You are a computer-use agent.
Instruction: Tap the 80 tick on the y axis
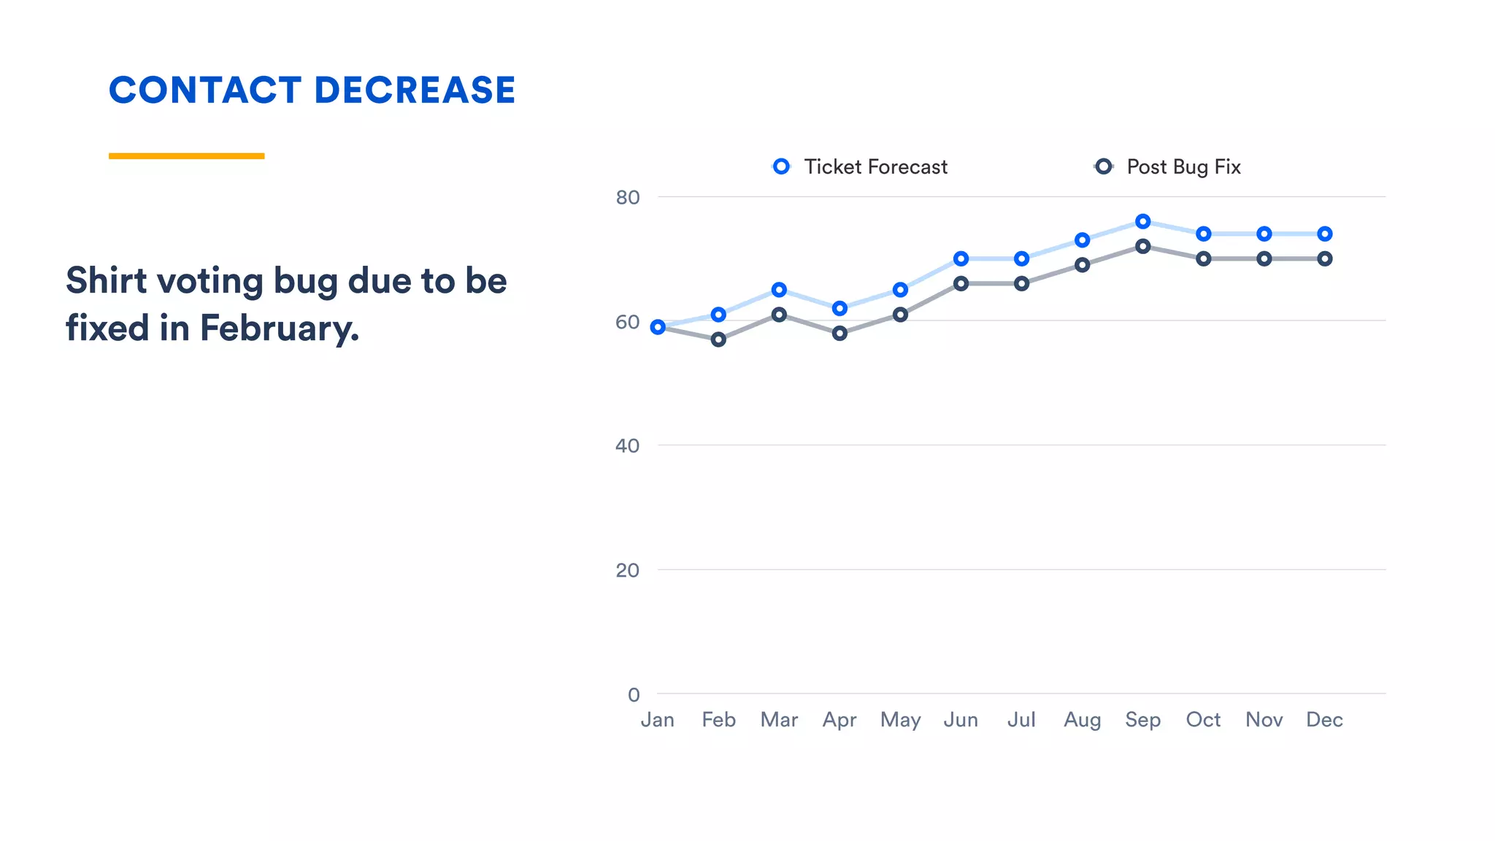pyautogui.click(x=627, y=197)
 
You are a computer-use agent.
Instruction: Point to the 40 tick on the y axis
pyautogui.click(x=627, y=445)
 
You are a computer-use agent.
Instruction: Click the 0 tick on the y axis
pyautogui.click(x=634, y=694)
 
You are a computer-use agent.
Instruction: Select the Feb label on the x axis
pyautogui.click(x=718, y=720)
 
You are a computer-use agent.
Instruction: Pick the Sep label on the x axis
pyautogui.click(x=1142, y=720)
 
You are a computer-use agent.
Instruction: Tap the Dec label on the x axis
pyautogui.click(x=1324, y=720)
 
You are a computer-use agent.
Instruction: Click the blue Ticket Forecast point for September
pyautogui.click(x=1143, y=221)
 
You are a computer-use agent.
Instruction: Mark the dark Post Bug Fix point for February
pyautogui.click(x=718, y=339)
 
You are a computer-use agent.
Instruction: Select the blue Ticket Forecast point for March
pyautogui.click(x=779, y=290)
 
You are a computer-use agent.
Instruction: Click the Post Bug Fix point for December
pyautogui.click(x=1325, y=258)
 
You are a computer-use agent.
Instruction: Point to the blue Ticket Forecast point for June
pyautogui.click(x=961, y=258)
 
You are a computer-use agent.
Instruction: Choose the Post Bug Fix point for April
pyautogui.click(x=839, y=333)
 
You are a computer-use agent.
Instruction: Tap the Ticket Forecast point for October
pyautogui.click(x=1204, y=234)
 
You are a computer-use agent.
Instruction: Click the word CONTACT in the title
pyautogui.click(x=205, y=91)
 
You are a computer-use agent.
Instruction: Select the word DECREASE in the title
pyautogui.click(x=415, y=91)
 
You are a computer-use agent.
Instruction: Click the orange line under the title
pyautogui.click(x=186, y=155)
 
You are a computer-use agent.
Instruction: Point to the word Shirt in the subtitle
pyautogui.click(x=107, y=280)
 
